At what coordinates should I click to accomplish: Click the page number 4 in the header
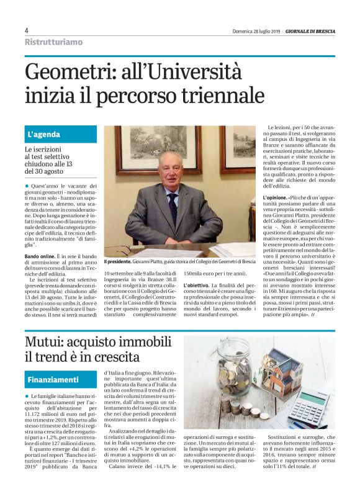click(x=27, y=30)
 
